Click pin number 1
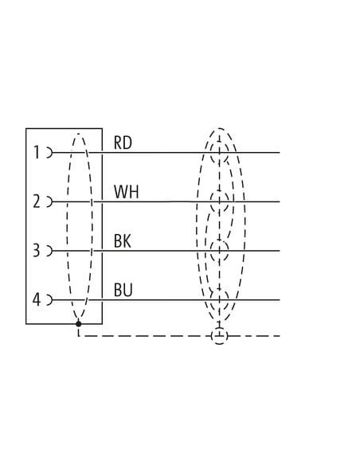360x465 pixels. pyautogui.click(x=37, y=152)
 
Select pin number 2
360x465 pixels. pyautogui.click(x=36, y=201)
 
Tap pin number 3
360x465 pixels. pyautogui.click(x=36, y=250)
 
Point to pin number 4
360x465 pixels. pyautogui.click(x=36, y=299)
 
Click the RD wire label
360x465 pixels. pyautogui.click(x=123, y=143)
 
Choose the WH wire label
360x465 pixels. pyautogui.click(x=127, y=192)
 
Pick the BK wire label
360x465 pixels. pyautogui.click(x=123, y=240)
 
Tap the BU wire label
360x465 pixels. pyautogui.click(x=123, y=290)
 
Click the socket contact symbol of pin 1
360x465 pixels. pyautogui.click(x=49, y=153)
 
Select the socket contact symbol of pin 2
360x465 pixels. pyautogui.click(x=49, y=201)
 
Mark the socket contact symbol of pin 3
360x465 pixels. pyautogui.click(x=49, y=251)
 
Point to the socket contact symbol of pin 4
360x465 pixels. pyautogui.click(x=49, y=300)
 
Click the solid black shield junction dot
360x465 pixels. pyautogui.click(x=78, y=323)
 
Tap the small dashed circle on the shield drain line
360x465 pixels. pyautogui.click(x=211, y=336)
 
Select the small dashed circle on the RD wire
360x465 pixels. pyautogui.click(x=211, y=153)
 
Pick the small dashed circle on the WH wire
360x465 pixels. pyautogui.click(x=211, y=201)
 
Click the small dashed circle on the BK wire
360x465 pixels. pyautogui.click(x=211, y=251)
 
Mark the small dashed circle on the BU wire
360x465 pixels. pyautogui.click(x=211, y=300)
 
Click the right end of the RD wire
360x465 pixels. pyautogui.click(x=280, y=153)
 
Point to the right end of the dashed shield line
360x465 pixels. pyautogui.click(x=280, y=336)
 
